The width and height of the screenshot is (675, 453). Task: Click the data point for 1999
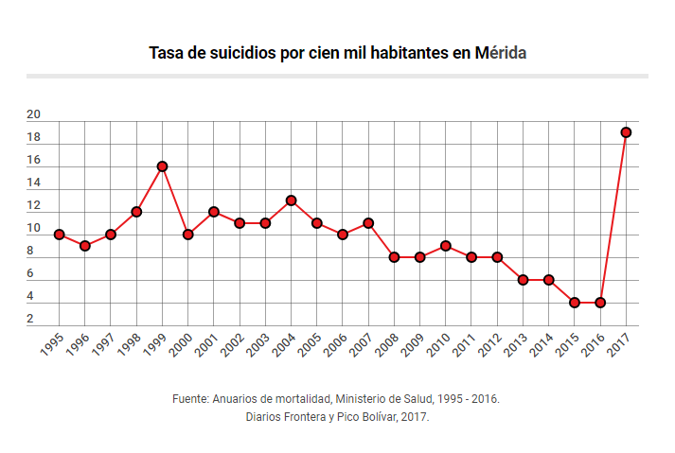click(x=162, y=166)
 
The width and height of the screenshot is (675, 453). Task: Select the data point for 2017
click(x=626, y=132)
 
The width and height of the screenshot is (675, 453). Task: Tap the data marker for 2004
click(x=291, y=200)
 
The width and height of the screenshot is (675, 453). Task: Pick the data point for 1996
click(x=85, y=246)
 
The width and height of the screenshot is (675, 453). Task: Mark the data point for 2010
click(x=445, y=246)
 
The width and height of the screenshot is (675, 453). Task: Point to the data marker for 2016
click(x=600, y=303)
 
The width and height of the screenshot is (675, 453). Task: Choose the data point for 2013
click(x=523, y=280)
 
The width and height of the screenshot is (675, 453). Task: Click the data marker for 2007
click(x=368, y=223)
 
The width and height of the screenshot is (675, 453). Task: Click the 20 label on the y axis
click(x=33, y=115)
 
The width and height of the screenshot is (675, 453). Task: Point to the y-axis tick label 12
click(x=33, y=206)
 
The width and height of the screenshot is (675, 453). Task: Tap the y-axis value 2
click(x=30, y=320)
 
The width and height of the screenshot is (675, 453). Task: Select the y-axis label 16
click(x=33, y=161)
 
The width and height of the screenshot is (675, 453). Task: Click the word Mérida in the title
click(x=501, y=53)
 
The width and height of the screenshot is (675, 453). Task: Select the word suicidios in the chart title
click(x=238, y=53)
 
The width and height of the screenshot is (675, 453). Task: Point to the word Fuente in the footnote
click(x=192, y=399)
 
